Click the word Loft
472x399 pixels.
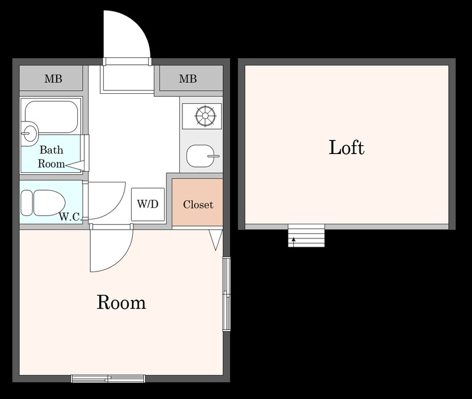point(346,148)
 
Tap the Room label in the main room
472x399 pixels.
point(122,302)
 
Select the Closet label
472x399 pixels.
point(198,204)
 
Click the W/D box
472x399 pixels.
point(148,204)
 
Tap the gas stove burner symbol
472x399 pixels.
point(205,116)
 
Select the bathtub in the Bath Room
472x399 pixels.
point(51,117)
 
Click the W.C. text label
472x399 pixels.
point(70,217)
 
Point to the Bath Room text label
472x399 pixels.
point(51,156)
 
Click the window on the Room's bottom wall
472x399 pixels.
point(108,378)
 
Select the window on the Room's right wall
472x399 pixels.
point(227,294)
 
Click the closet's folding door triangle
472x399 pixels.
point(216,240)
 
